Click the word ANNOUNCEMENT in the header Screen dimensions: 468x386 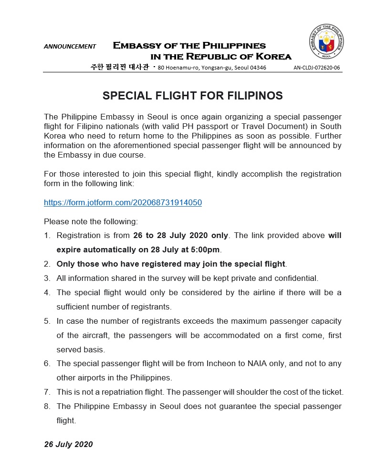point(70,47)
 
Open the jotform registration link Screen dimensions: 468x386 point(123,202)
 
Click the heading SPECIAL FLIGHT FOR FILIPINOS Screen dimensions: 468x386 point(193,96)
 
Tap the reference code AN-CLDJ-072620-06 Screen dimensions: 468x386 point(317,68)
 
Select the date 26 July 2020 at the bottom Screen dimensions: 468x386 point(68,444)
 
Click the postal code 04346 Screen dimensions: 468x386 point(258,68)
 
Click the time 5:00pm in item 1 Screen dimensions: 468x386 point(205,249)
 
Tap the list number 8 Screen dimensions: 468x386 point(47,407)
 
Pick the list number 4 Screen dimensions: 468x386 point(47,292)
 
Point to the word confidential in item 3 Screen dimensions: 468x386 point(295,278)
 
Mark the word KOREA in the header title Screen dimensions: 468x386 point(271,57)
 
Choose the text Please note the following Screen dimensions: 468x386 point(91,221)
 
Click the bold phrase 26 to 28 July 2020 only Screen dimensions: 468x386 point(181,235)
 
